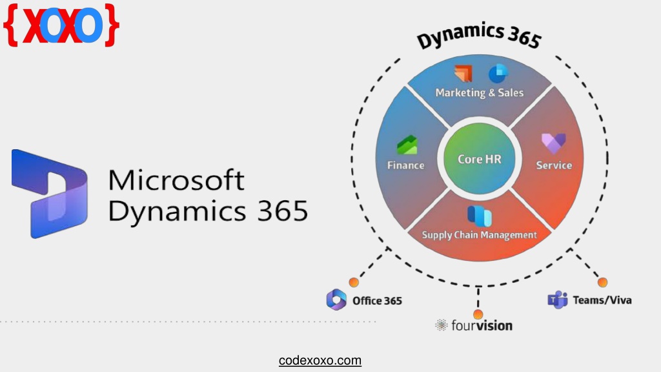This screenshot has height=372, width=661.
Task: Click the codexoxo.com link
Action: point(320,360)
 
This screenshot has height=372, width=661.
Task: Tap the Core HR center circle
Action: point(479,160)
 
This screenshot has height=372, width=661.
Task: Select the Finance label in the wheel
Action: point(405,165)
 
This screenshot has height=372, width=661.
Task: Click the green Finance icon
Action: point(407,145)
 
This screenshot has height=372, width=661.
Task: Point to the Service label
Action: point(554,165)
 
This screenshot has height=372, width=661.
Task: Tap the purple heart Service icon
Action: point(553,143)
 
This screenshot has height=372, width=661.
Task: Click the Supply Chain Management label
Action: point(479,235)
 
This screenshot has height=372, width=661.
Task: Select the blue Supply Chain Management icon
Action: point(480,215)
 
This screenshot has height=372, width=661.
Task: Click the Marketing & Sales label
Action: point(479,92)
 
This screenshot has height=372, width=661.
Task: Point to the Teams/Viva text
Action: point(602,300)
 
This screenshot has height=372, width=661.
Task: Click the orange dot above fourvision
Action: point(478,315)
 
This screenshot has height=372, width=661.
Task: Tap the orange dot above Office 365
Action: point(354,282)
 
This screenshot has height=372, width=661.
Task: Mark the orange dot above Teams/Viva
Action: point(602,282)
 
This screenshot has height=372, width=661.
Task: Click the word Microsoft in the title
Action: point(177,180)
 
